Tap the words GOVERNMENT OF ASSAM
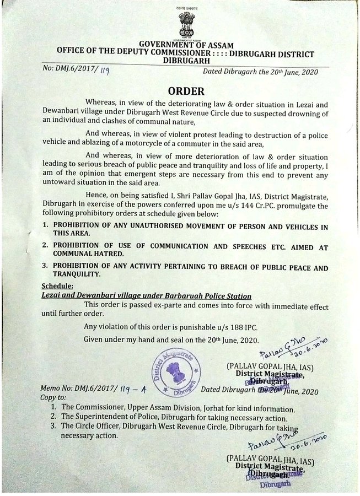coord(186,45)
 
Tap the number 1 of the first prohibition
coord(46,227)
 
